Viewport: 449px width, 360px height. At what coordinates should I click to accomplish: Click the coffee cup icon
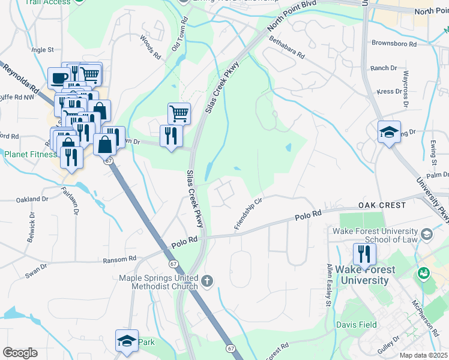pyautogui.click(x=60, y=78)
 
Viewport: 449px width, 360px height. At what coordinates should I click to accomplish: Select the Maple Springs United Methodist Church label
pyautogui.click(x=158, y=282)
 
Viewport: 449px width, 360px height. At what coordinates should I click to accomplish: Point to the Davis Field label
pyautogui.click(x=356, y=325)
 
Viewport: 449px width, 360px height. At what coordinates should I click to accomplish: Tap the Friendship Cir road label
pyautogui.click(x=248, y=214)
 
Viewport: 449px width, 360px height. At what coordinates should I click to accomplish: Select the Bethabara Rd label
pyautogui.click(x=287, y=47)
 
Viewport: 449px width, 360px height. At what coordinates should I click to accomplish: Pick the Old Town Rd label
pyautogui.click(x=179, y=32)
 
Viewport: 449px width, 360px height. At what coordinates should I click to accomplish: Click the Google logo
pyautogui.click(x=20, y=353)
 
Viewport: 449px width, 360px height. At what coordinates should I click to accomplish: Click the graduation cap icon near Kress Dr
pyautogui.click(x=389, y=132)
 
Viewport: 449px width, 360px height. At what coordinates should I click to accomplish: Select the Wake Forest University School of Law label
pyautogui.click(x=378, y=235)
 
